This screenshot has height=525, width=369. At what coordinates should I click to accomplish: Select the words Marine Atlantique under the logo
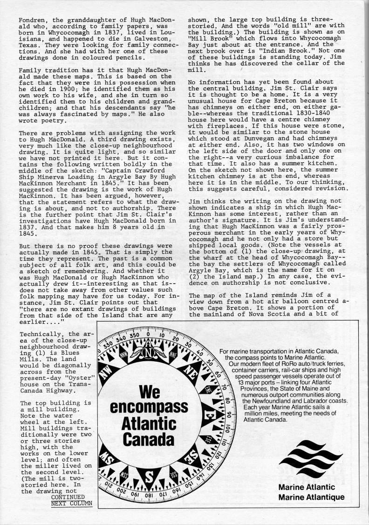point(311,497)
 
